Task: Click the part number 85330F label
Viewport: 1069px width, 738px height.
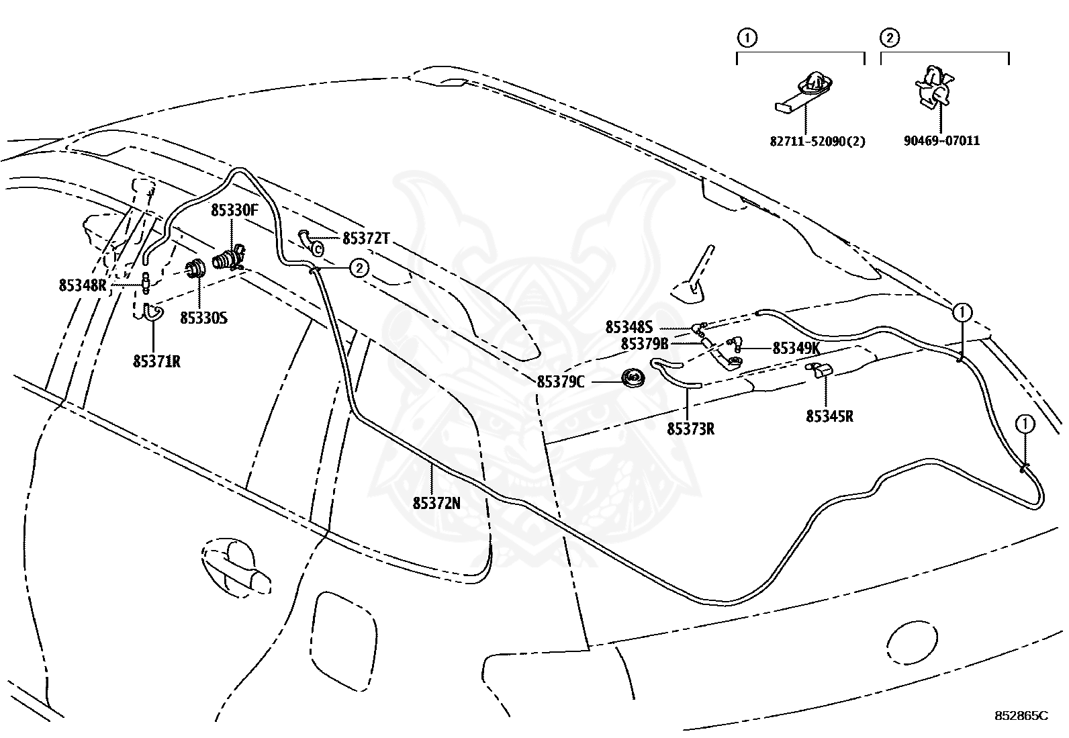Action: [x=234, y=210]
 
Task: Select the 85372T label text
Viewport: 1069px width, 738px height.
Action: [x=367, y=238]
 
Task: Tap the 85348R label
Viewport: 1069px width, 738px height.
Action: [x=83, y=285]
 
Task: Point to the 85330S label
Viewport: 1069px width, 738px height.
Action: [x=203, y=318]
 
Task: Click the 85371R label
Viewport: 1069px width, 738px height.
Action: [x=156, y=362]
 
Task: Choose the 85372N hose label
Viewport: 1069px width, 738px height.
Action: [x=436, y=503]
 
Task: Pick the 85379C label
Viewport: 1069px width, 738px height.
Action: [x=561, y=382]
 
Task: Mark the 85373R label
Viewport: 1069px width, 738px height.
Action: [x=690, y=429]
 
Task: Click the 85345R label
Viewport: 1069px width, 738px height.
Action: [x=830, y=416]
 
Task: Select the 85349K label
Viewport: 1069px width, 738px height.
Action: [x=796, y=349]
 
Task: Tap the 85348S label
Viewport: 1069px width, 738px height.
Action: [x=629, y=328]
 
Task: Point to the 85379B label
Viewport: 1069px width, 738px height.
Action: [x=644, y=344]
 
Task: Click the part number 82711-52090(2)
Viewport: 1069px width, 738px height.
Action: [x=817, y=141]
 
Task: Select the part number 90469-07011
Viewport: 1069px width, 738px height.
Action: [x=941, y=141]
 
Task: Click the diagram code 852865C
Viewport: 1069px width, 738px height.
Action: [x=1021, y=716]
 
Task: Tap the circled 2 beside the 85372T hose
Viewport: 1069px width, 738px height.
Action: [x=359, y=268]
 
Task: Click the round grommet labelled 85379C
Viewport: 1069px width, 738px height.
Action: [x=633, y=379]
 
